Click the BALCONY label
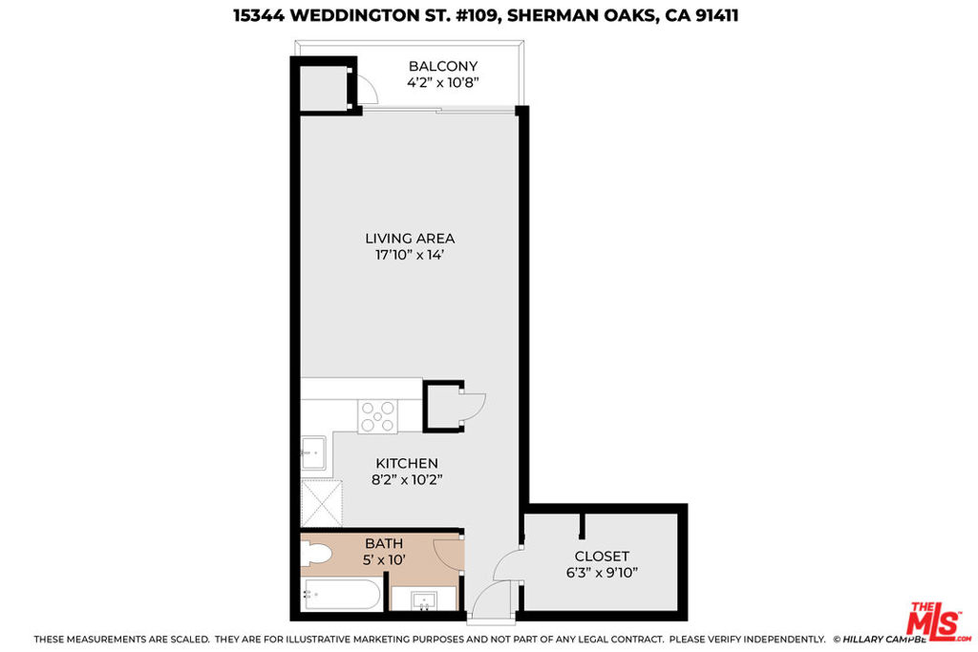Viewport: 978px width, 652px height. click(x=443, y=66)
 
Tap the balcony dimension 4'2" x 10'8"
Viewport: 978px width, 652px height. click(x=443, y=82)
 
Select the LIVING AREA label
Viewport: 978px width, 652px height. click(x=410, y=238)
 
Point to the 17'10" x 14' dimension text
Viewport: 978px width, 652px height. click(x=410, y=254)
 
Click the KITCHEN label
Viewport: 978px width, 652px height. click(x=407, y=463)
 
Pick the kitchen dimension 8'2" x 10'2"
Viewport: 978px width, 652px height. click(x=407, y=479)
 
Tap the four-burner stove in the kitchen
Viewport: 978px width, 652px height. click(x=378, y=416)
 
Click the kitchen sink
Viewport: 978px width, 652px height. click(x=313, y=453)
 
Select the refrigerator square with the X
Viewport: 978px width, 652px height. click(x=322, y=504)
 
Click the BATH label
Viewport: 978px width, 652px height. click(x=384, y=543)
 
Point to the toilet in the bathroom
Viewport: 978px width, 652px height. click(x=316, y=554)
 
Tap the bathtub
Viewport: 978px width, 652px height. click(x=341, y=594)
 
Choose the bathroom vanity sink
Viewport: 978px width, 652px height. click(x=425, y=600)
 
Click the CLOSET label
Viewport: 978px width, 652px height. click(x=602, y=556)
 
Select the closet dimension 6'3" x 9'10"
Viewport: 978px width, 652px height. click(x=602, y=572)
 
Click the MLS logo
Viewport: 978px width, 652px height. click(x=938, y=620)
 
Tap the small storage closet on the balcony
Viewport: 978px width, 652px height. click(x=324, y=87)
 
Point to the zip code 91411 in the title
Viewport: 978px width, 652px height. click(x=716, y=15)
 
